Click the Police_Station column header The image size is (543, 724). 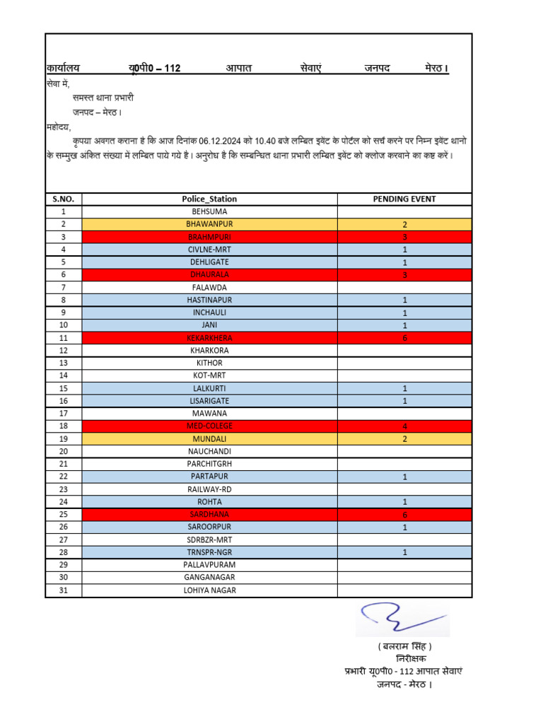click(209, 199)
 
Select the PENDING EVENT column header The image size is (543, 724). click(404, 199)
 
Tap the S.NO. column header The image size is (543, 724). click(63, 199)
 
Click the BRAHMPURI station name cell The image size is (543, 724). click(209, 237)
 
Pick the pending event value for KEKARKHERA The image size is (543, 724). click(404, 338)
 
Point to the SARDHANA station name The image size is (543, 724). click(209, 514)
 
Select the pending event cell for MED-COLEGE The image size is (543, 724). click(404, 426)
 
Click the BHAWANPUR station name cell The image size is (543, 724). click(209, 224)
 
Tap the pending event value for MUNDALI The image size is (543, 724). click(404, 439)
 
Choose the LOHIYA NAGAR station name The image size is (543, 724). click(209, 590)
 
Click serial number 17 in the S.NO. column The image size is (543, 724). click(63, 413)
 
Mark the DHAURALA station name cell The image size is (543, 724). click(209, 274)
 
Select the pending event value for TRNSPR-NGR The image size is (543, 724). click(404, 552)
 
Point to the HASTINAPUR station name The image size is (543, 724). click(209, 300)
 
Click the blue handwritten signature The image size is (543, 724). click(400, 619)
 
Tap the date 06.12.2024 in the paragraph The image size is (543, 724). click(221, 141)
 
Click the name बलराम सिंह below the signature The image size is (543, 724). click(404, 647)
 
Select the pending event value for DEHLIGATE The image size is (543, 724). click(404, 262)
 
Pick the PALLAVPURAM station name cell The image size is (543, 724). click(209, 565)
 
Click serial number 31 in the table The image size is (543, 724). click(63, 590)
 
